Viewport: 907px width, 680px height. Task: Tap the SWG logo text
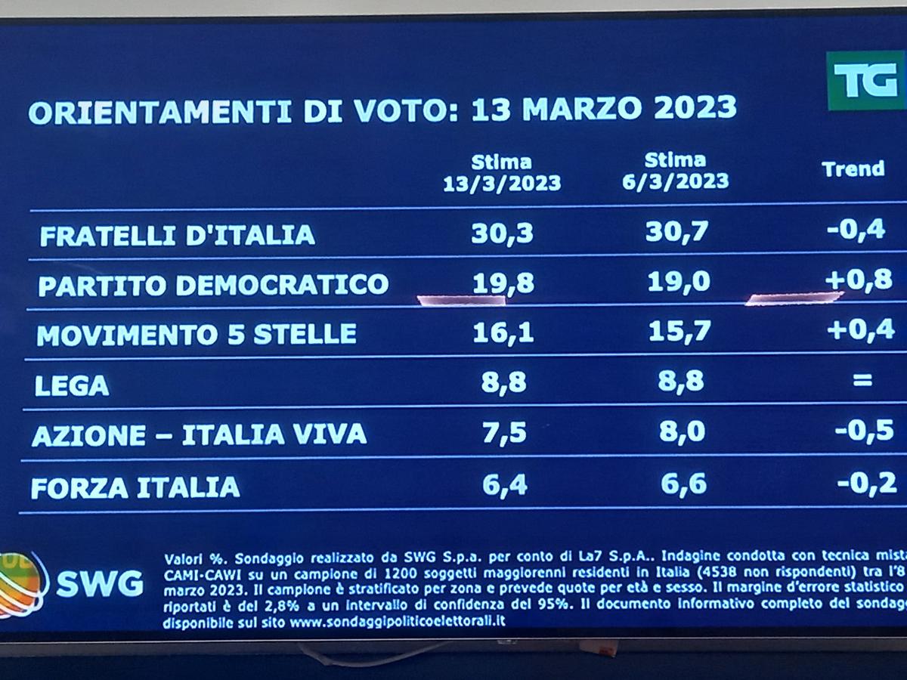100,584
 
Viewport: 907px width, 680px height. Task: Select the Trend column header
853,169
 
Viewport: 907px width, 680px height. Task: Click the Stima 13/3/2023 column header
502,173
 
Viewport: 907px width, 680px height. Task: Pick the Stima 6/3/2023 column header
676,171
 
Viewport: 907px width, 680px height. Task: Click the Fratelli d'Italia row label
177,236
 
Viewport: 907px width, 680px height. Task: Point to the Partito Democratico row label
213,285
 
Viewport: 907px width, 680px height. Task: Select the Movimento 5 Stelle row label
197,334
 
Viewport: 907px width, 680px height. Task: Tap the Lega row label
73,386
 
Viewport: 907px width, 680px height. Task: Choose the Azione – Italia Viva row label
200,434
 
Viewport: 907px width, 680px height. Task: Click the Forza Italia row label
136,487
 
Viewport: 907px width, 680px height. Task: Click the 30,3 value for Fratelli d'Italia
502,233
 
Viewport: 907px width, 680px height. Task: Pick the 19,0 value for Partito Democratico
678,282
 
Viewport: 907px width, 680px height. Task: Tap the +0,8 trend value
859,280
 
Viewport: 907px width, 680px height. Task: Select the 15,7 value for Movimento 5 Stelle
676,331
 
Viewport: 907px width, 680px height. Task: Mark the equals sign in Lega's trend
862,381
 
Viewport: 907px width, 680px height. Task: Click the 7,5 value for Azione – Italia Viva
503,433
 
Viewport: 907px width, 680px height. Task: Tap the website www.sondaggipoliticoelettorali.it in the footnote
398,622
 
